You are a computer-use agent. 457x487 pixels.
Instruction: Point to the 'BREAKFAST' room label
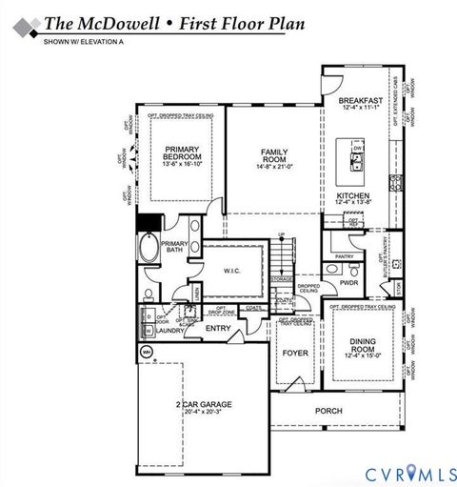pyautogui.click(x=361, y=100)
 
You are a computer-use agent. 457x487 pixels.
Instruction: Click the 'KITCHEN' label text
pyautogui.click(x=353, y=194)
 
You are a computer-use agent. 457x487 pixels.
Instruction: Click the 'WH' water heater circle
pyautogui.click(x=147, y=352)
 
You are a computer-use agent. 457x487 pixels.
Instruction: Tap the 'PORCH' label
pyautogui.click(x=328, y=411)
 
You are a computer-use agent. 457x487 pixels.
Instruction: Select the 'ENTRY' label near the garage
pyautogui.click(x=218, y=330)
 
